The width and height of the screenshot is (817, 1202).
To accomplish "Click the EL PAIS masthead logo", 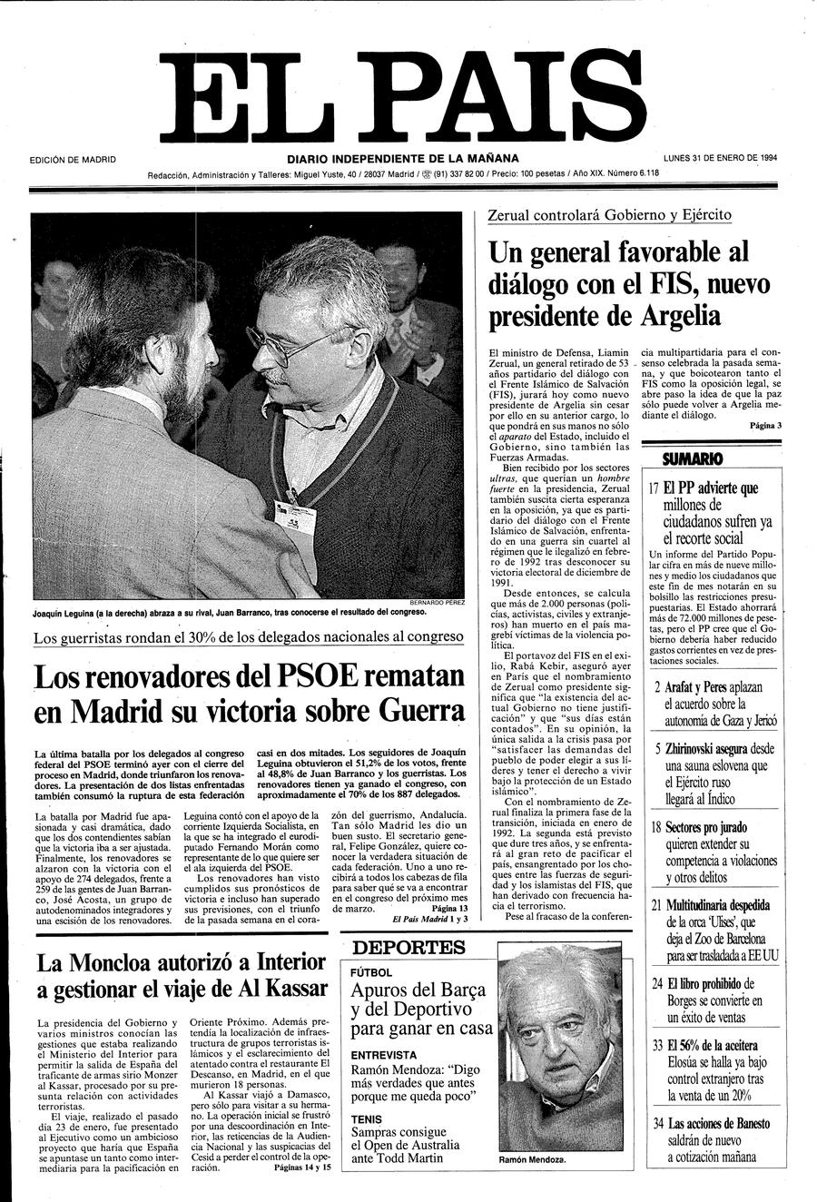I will [x=408, y=94].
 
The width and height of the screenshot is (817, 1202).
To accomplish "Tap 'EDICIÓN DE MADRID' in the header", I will [x=73, y=160].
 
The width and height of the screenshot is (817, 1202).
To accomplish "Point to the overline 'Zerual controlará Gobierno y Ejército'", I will [x=609, y=215].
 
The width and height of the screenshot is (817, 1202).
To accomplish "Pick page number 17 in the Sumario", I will [x=655, y=488].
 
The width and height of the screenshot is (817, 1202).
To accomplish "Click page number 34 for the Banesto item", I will [x=658, y=1124].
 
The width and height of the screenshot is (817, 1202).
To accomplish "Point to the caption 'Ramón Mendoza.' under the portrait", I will [x=532, y=1160].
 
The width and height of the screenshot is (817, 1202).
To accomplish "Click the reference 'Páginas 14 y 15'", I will [x=302, y=1168].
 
